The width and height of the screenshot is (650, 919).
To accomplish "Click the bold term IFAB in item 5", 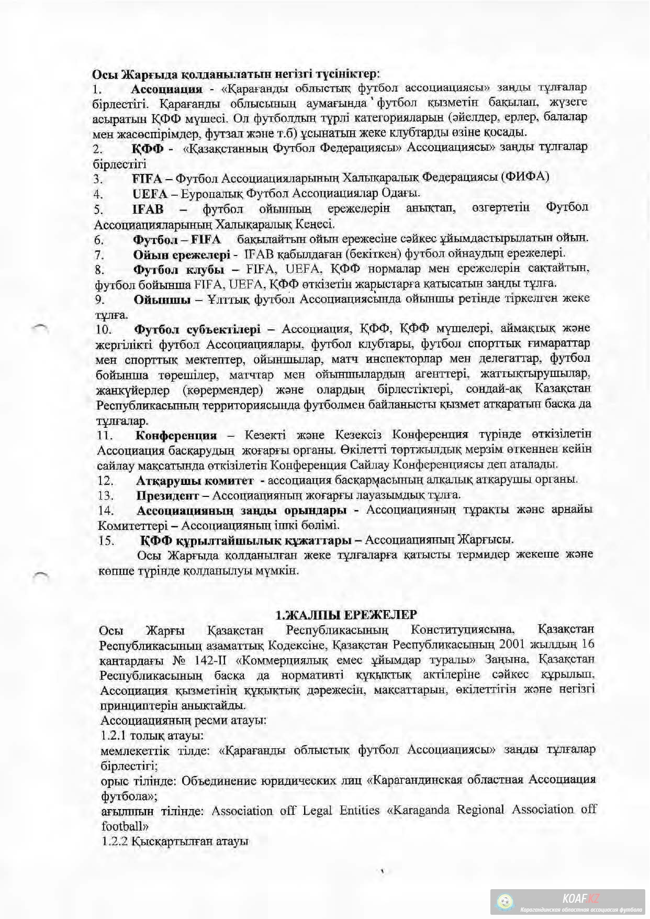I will [x=148, y=209].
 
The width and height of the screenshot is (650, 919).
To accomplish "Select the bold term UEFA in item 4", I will [x=149, y=194].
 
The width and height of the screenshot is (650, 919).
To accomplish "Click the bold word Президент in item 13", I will [x=167, y=495].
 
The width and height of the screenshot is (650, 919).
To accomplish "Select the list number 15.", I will [x=106, y=540].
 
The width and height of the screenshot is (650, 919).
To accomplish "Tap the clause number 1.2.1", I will [x=115, y=735].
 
